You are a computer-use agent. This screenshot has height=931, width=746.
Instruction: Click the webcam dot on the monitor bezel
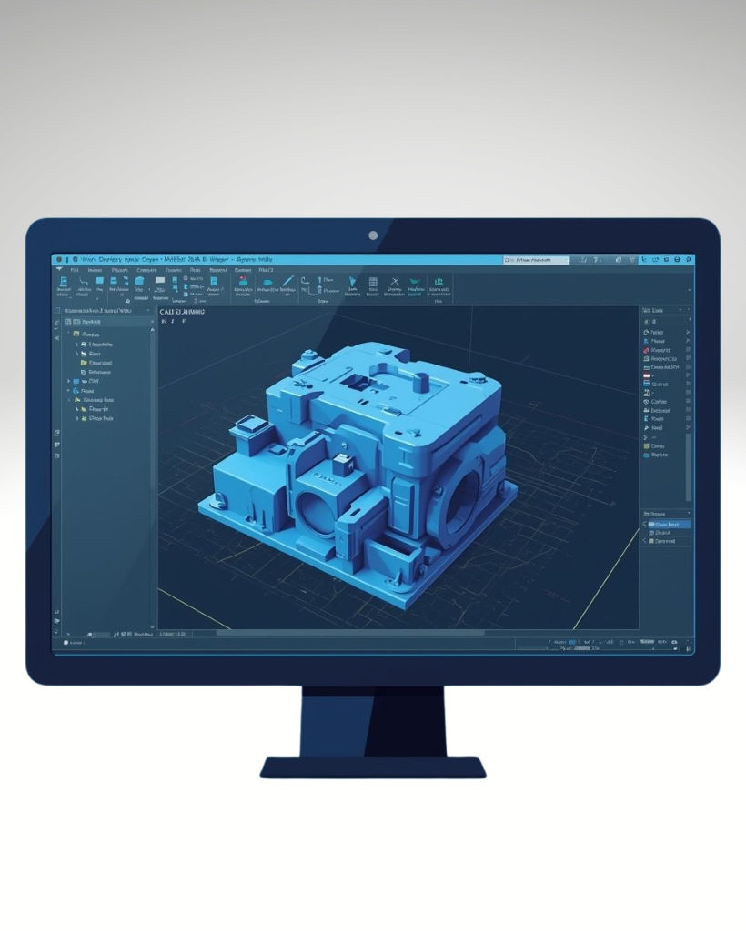click(373, 235)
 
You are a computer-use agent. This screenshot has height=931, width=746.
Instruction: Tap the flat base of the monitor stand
click(373, 768)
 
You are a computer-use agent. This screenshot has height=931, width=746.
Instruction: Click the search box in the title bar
click(537, 260)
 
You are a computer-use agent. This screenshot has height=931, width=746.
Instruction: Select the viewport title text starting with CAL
click(183, 312)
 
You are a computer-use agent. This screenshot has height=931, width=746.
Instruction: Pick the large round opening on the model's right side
click(463, 492)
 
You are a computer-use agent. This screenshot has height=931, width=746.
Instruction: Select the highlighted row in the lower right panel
click(667, 525)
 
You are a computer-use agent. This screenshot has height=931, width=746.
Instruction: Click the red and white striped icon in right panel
click(647, 375)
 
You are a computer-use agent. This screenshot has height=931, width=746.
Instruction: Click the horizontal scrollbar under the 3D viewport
click(364, 633)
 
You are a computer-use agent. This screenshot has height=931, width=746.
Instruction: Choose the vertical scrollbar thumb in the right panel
click(689, 464)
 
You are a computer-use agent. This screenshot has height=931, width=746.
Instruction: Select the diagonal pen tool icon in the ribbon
click(287, 282)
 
